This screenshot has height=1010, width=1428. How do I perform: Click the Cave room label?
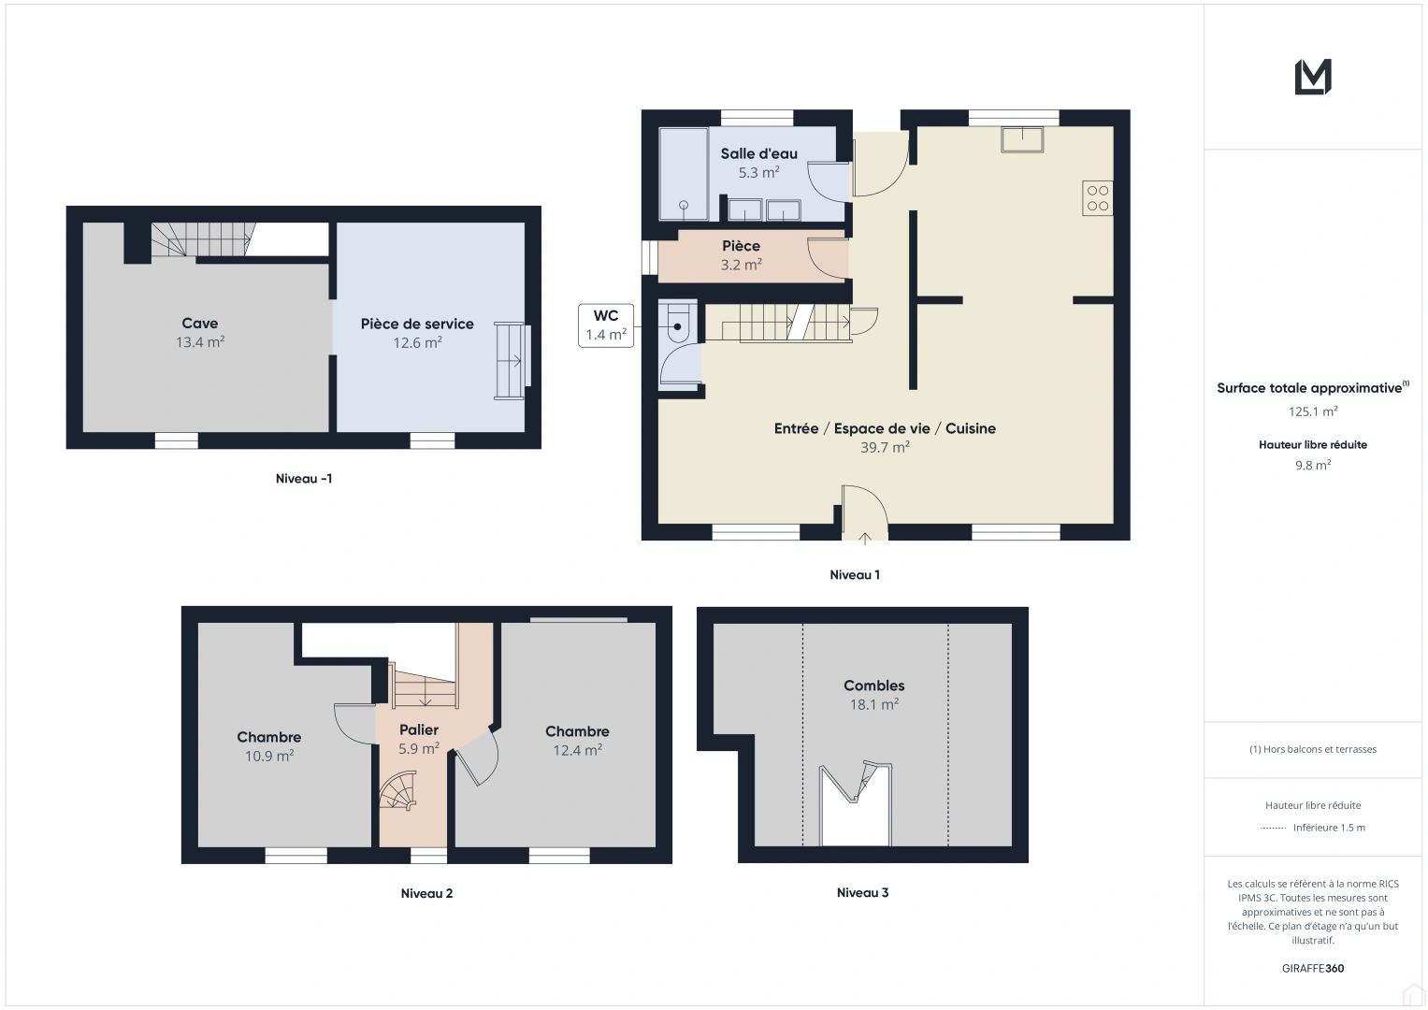[199, 324]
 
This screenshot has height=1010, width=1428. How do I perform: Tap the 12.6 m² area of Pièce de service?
[418, 342]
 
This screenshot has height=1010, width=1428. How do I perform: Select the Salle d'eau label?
[758, 153]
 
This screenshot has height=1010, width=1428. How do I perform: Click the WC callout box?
[606, 325]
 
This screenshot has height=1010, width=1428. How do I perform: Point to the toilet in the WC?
[678, 323]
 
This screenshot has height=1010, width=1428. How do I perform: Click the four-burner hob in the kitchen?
[1097, 197]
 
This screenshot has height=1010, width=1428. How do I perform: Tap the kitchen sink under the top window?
[1022, 139]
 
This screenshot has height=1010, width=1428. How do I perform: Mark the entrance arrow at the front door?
[864, 539]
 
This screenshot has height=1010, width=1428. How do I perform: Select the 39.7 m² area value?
[885, 447]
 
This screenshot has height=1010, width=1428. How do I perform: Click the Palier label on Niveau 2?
[419, 729]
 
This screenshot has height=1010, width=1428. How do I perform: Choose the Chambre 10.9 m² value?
[269, 756]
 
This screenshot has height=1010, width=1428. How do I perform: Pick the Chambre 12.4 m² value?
[578, 750]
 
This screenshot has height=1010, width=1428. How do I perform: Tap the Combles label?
[874, 685]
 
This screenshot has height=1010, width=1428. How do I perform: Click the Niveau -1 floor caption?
[303, 478]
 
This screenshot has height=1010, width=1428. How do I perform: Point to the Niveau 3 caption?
[862, 893]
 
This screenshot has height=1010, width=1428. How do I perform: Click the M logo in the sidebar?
[1313, 77]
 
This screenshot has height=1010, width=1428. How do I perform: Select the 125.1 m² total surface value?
[1313, 411]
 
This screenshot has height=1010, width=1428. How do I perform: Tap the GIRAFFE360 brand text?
[1313, 968]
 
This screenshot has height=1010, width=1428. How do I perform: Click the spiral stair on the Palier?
[398, 791]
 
